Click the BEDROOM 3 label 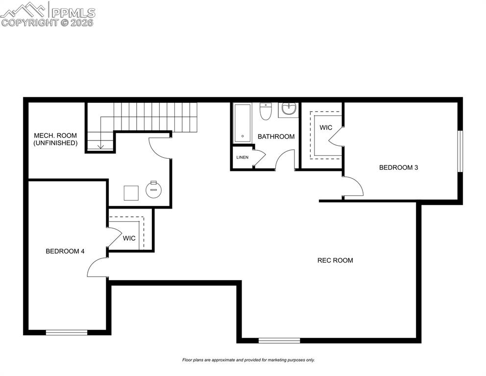click(398, 167)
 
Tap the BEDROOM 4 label click(65, 251)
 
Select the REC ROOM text click(335, 260)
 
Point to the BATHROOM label click(276, 137)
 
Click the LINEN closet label click(243, 158)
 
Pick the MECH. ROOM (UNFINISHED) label click(55, 139)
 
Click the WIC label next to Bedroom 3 click(326, 128)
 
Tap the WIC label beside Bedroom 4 click(129, 238)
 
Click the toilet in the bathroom click(265, 112)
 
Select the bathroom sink click(289, 110)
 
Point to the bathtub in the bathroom click(242, 122)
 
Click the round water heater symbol click(154, 188)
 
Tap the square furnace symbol click(131, 193)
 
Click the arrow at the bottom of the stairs click(100, 145)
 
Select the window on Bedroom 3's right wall click(460, 151)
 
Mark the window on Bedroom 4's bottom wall click(67, 332)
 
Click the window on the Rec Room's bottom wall click(279, 340)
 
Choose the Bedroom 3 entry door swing click(352, 187)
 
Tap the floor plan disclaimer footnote click(248, 360)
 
